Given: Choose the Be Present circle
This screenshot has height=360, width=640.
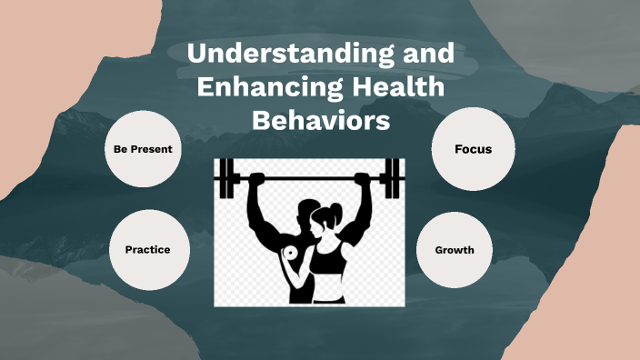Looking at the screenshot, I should click(144, 148).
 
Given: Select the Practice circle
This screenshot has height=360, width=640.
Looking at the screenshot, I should click(146, 249).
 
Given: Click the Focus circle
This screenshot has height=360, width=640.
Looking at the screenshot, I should click(474, 148).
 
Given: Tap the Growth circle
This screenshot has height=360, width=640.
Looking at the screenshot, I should click(454, 249).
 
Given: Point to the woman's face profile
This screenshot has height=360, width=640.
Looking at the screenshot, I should click(318, 226).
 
